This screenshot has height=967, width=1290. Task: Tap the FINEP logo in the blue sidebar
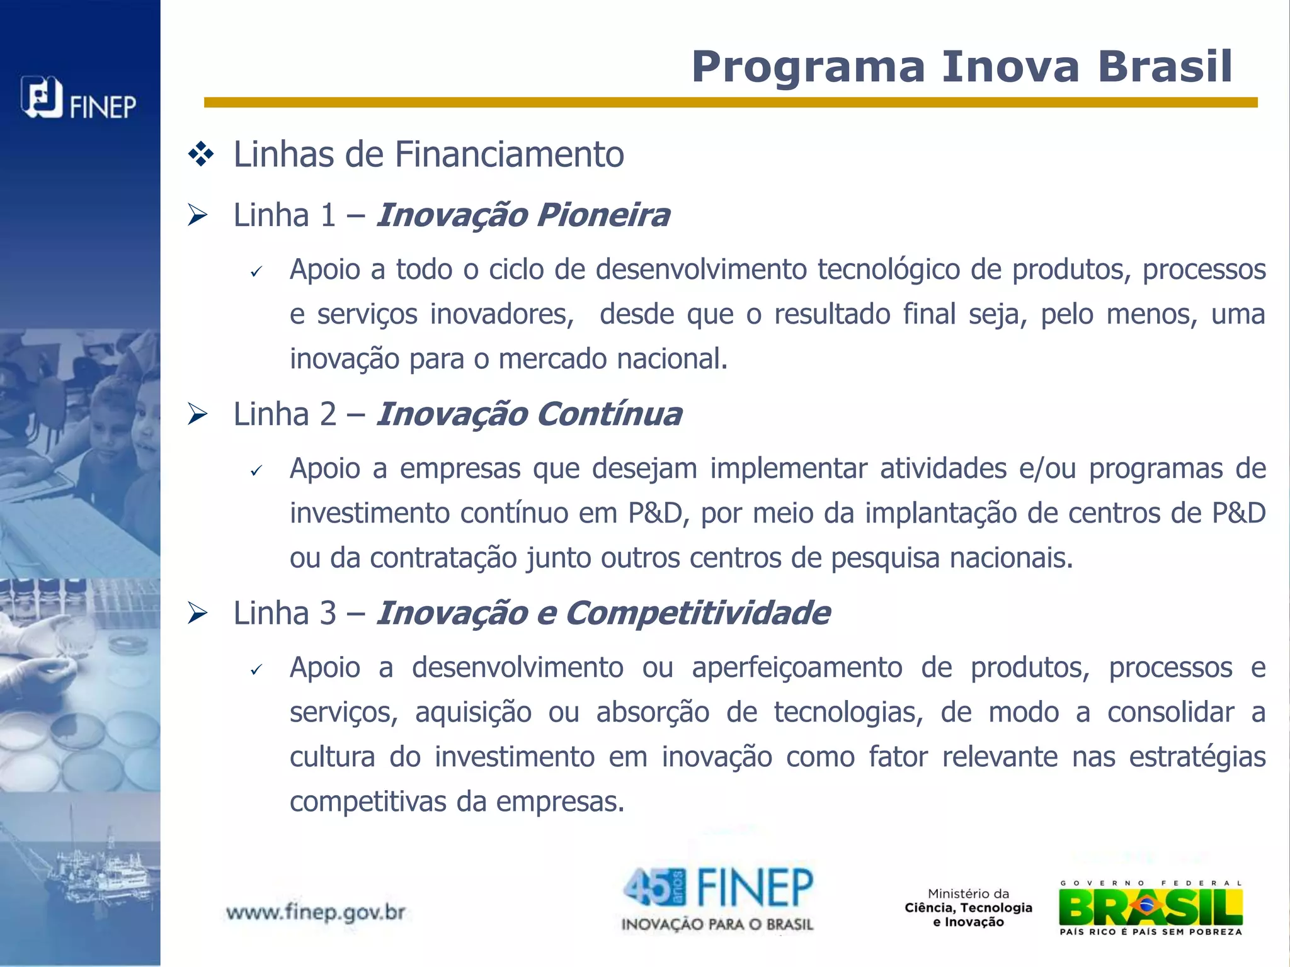click(x=78, y=99)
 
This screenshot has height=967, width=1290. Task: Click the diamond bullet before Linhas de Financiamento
click(x=201, y=154)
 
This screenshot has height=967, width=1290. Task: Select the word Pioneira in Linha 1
click(x=603, y=215)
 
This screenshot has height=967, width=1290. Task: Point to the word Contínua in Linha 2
click(x=609, y=414)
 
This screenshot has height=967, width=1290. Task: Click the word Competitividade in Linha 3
click(x=697, y=613)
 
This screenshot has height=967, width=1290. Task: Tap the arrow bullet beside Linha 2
click(x=198, y=414)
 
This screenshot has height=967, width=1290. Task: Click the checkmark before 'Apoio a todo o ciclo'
click(x=255, y=272)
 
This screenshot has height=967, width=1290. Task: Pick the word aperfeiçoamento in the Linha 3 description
click(x=797, y=667)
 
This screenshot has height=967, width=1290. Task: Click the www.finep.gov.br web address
click(x=315, y=912)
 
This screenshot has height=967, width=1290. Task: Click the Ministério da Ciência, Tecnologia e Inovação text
click(x=968, y=908)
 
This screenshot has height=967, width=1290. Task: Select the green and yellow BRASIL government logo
click(x=1151, y=907)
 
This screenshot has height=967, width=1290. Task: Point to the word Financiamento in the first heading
click(x=509, y=154)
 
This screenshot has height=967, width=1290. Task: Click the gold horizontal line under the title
click(x=731, y=103)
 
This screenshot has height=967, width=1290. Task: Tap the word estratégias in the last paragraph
click(x=1197, y=757)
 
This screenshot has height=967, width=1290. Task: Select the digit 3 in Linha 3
click(x=328, y=613)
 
